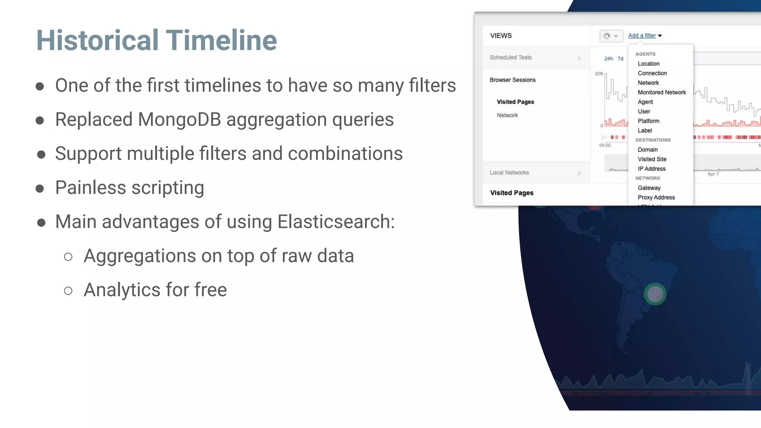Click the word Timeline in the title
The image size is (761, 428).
[x=221, y=40]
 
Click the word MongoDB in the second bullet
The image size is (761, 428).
[x=179, y=120]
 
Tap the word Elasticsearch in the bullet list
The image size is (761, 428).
[x=336, y=222]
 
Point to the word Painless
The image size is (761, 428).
[x=90, y=188]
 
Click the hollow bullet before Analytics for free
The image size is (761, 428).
[x=68, y=291]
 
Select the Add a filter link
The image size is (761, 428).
[x=642, y=36]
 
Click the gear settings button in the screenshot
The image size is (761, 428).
[x=611, y=36]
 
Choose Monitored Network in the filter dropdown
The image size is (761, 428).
[x=661, y=93]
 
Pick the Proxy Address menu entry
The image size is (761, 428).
[x=656, y=198]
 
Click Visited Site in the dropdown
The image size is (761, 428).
[x=652, y=159]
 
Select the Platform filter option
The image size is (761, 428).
[x=648, y=121]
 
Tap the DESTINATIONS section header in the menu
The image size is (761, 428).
[x=653, y=140]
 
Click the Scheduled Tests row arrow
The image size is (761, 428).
[x=579, y=58]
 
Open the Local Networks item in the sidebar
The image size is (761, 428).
[x=509, y=173]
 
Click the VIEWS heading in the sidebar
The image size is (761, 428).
[x=501, y=36]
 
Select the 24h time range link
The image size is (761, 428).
[x=608, y=59]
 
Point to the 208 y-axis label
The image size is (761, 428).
[x=599, y=74]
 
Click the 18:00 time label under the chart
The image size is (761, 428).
[x=605, y=145]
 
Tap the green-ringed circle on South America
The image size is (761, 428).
[x=655, y=294]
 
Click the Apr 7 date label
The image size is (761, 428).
[x=713, y=174]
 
